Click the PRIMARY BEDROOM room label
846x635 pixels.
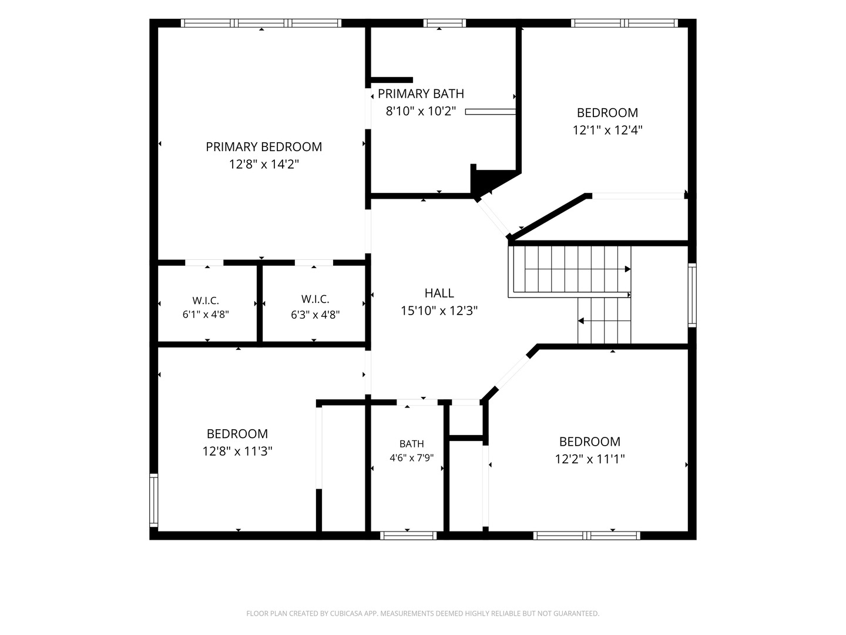264,147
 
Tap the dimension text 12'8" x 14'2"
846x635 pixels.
264,164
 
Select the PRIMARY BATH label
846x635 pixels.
421,93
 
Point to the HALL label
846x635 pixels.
439,293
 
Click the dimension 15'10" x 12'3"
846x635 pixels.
439,310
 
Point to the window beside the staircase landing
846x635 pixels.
692,295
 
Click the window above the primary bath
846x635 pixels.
444,23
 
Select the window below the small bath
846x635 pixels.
408,536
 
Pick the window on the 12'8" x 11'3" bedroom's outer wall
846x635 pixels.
154,500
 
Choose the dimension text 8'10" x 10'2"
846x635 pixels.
421,111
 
